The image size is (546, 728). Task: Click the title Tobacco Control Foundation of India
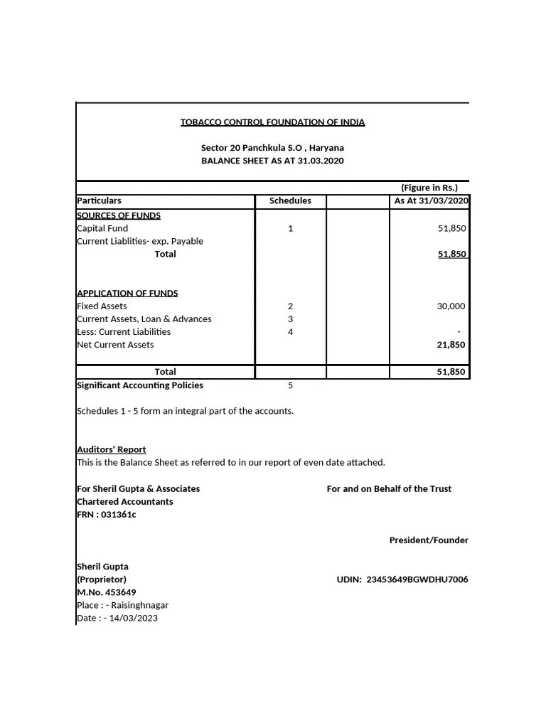click(x=272, y=122)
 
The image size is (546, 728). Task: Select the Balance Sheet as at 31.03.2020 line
click(x=272, y=161)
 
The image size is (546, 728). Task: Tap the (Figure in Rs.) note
click(x=429, y=188)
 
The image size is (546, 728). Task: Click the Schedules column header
click(x=290, y=200)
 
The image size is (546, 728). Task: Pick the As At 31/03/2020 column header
click(x=431, y=200)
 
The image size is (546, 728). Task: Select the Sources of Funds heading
click(x=118, y=215)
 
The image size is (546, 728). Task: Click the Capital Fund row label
click(x=102, y=228)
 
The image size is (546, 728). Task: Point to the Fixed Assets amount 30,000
click(x=451, y=306)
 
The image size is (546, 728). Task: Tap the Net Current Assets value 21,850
click(x=451, y=345)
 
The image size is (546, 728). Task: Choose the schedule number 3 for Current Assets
click(x=290, y=319)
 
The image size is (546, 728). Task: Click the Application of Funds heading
click(x=127, y=293)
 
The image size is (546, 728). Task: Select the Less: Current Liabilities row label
click(x=124, y=332)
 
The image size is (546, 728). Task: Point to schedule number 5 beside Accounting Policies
click(x=290, y=385)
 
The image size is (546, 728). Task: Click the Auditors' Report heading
click(x=111, y=449)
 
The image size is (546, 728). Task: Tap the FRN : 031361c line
click(x=106, y=515)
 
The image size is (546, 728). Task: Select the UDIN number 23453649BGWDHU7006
click(x=417, y=579)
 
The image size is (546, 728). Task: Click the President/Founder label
click(x=429, y=540)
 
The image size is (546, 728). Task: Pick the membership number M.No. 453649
click(x=106, y=592)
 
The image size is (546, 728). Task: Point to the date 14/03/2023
click(x=134, y=618)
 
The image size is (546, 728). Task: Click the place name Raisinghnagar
click(x=139, y=605)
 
